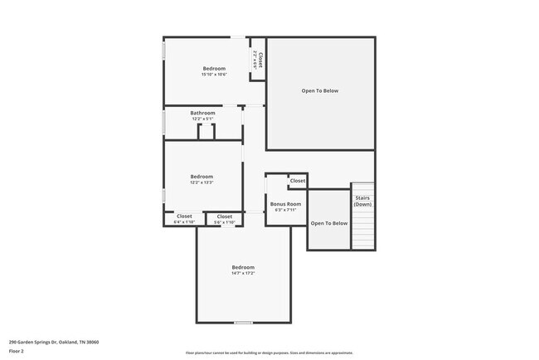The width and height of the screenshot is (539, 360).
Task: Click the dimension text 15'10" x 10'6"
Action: (214, 75)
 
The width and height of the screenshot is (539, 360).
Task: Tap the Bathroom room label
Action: (202, 113)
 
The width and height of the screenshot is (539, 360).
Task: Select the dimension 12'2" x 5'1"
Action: (202, 119)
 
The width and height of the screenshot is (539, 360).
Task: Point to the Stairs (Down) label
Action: (362, 202)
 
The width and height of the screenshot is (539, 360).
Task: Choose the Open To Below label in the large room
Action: (319, 91)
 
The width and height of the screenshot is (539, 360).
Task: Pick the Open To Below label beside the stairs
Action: (329, 223)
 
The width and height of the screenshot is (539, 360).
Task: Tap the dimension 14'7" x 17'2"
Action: (243, 273)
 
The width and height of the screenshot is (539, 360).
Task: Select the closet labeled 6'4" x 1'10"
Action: (184, 220)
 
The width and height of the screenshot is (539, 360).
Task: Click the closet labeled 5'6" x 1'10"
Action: (225, 220)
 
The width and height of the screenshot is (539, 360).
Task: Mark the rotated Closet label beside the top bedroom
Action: (258, 60)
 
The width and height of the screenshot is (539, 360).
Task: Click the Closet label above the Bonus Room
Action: (298, 181)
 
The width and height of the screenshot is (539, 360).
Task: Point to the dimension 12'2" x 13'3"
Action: (202, 182)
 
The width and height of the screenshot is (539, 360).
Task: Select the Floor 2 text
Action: (17, 351)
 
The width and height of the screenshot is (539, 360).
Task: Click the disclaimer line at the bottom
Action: (269, 353)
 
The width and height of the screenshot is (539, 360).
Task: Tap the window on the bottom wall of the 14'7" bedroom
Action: (243, 322)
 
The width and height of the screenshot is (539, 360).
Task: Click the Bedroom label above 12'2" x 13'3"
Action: (202, 176)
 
